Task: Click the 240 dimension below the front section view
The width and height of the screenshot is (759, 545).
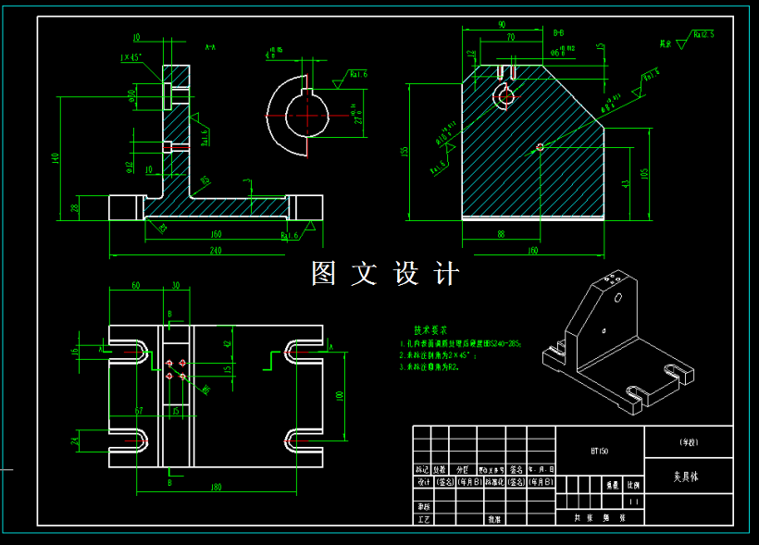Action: tap(215, 250)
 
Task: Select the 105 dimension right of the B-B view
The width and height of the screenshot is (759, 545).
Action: tap(645, 173)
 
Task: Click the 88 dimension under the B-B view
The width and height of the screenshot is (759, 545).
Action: tap(501, 234)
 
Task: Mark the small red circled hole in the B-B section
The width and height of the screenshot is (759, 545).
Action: tap(540, 146)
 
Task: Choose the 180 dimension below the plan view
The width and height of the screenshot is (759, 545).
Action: tap(216, 486)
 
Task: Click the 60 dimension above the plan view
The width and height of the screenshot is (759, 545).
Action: tap(135, 286)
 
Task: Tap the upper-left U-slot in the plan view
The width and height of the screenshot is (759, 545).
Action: tap(130, 352)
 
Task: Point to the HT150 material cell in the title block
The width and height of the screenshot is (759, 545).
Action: tap(600, 452)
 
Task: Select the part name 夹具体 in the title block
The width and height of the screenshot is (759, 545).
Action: tap(686, 478)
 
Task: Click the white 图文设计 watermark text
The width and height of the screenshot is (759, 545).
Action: tap(385, 274)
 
